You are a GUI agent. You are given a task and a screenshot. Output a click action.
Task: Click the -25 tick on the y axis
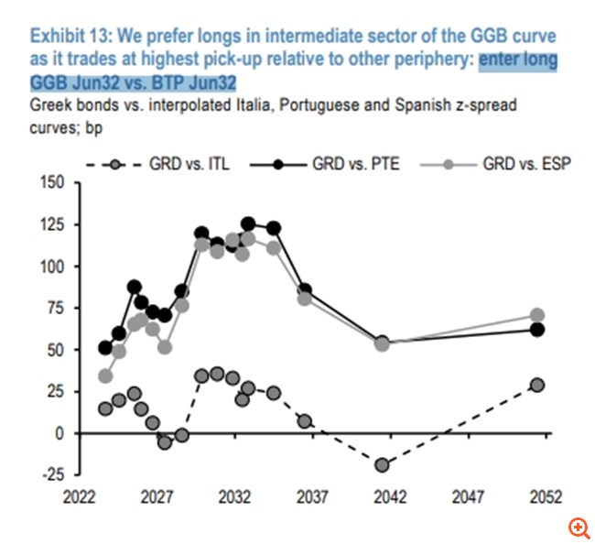[49, 474]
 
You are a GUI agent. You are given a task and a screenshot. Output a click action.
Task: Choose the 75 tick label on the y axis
[53, 308]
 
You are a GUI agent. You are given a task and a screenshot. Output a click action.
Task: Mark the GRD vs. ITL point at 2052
[537, 385]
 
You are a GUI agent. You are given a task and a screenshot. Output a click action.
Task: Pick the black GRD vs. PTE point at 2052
[537, 330]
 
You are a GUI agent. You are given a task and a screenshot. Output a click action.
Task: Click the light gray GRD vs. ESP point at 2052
[537, 316]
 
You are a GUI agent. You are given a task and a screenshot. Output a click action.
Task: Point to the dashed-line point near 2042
[382, 465]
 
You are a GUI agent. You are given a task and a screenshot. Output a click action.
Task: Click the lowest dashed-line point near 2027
[165, 442]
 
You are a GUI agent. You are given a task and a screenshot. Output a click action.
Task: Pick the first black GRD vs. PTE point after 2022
[105, 348]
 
